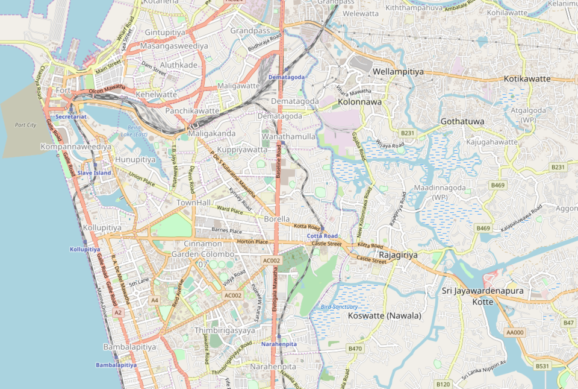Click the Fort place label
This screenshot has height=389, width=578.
63,90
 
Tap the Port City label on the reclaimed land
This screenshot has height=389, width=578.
26,125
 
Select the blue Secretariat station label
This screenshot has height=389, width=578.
71,116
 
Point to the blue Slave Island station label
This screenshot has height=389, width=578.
94,173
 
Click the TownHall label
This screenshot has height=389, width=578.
193,203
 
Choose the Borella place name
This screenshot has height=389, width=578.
277,219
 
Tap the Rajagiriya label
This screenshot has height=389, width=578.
398,255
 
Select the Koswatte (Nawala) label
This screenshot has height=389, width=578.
385,315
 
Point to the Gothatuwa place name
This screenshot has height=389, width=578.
462,121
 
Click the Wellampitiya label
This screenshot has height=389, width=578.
398,71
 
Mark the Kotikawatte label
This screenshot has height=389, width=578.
527,79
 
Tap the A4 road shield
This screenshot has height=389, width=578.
155,300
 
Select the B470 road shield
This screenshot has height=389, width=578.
355,349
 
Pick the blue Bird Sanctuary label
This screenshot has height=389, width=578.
336,307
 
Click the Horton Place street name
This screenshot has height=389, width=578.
252,242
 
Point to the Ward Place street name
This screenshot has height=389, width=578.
229,209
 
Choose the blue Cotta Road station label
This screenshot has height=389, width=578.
322,236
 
